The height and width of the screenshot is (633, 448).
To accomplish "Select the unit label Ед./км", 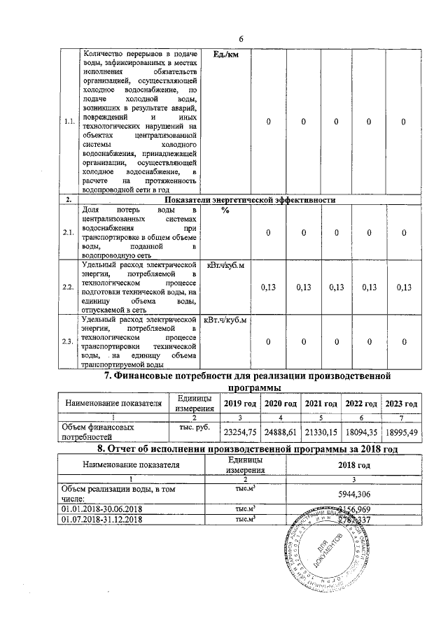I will [x=224, y=57].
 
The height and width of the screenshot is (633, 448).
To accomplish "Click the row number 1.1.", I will [x=69, y=122].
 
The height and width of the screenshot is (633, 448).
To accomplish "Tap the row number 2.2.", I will [x=69, y=287].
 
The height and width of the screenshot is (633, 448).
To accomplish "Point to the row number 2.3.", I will [x=69, y=341].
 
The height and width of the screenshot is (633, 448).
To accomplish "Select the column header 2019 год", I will [x=239, y=404].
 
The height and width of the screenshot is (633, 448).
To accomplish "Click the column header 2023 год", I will [x=402, y=404].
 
